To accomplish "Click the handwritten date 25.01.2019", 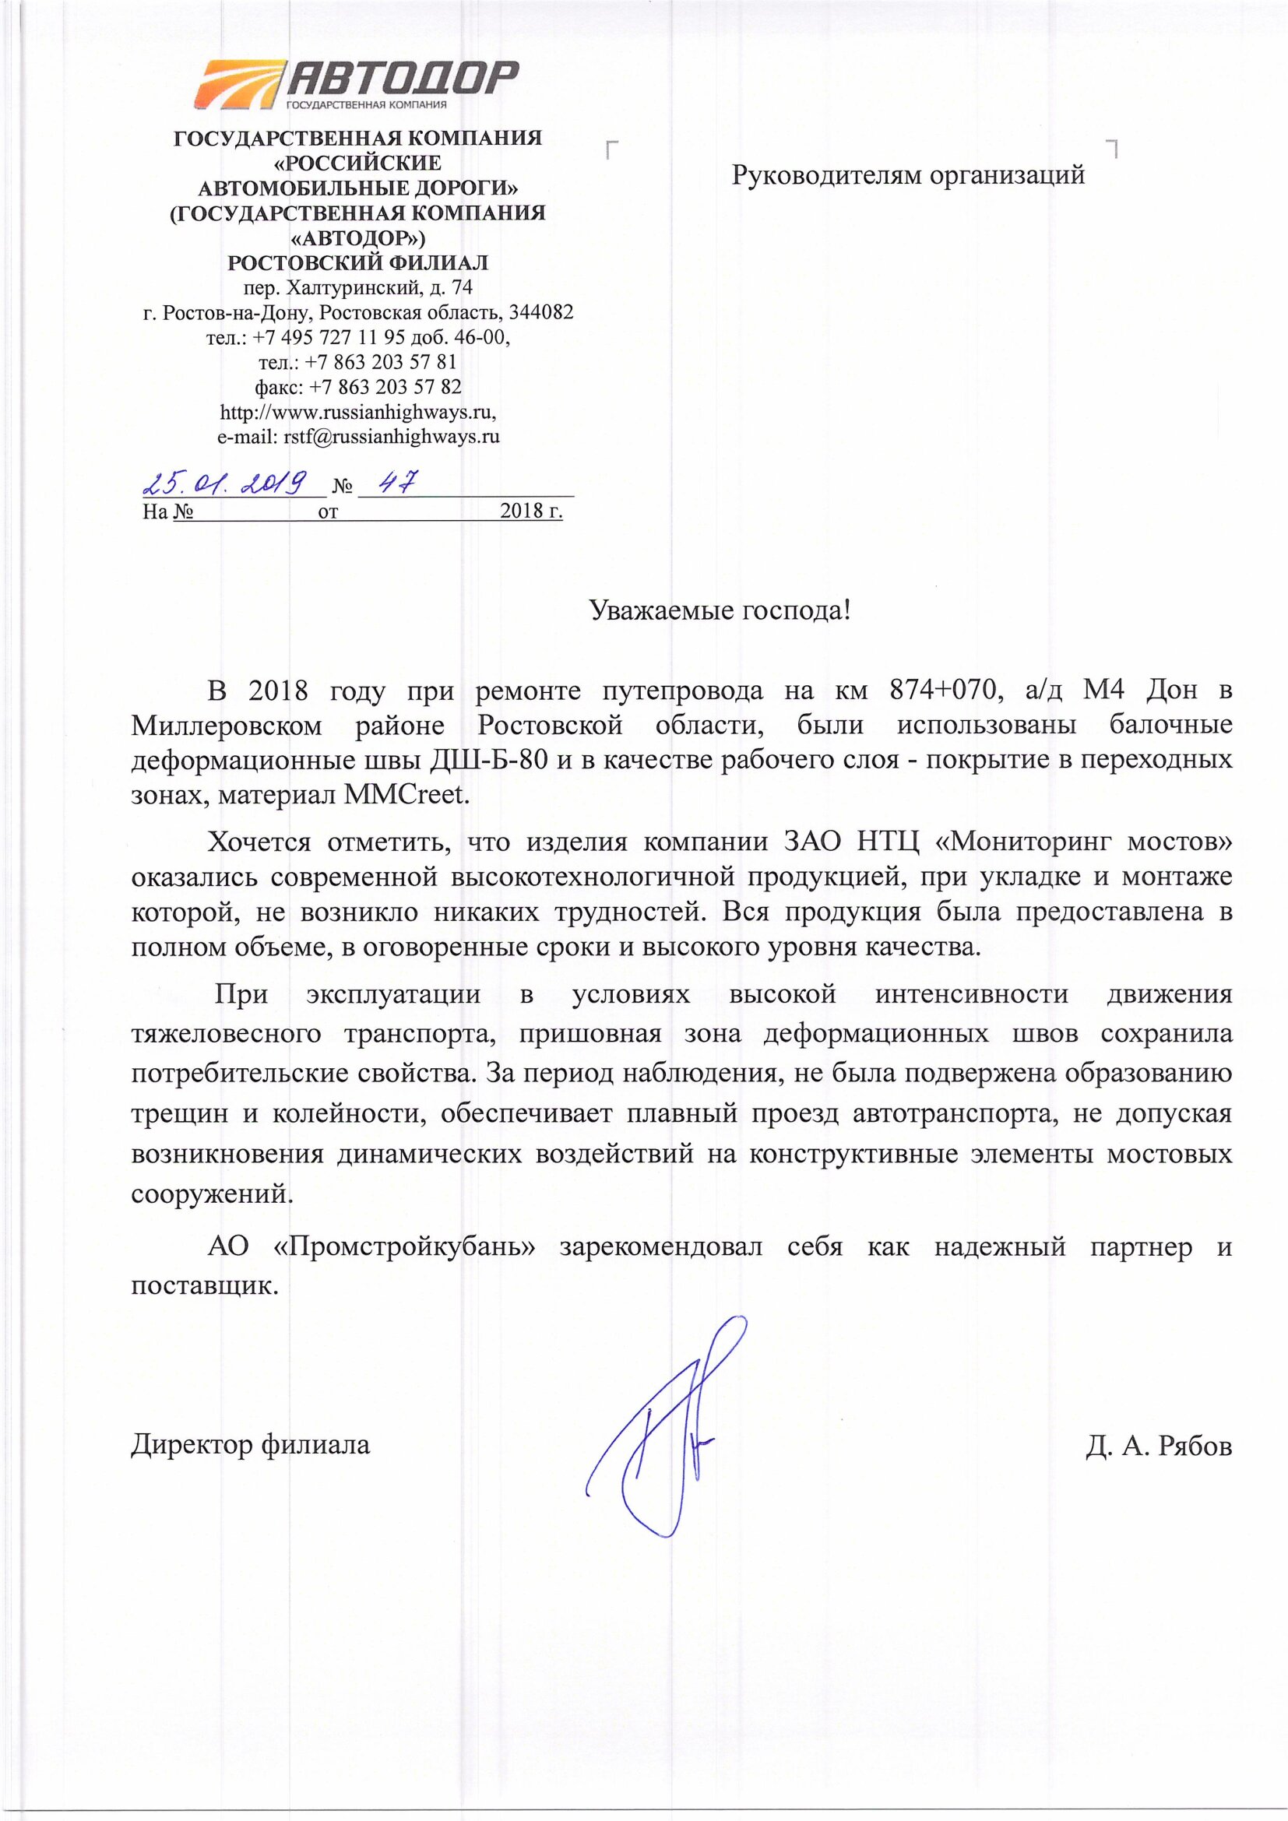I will pos(224,482).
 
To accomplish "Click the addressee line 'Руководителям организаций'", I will pos(908,174).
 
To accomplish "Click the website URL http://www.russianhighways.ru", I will pos(357,412).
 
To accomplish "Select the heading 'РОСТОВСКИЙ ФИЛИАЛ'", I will pos(358,262).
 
